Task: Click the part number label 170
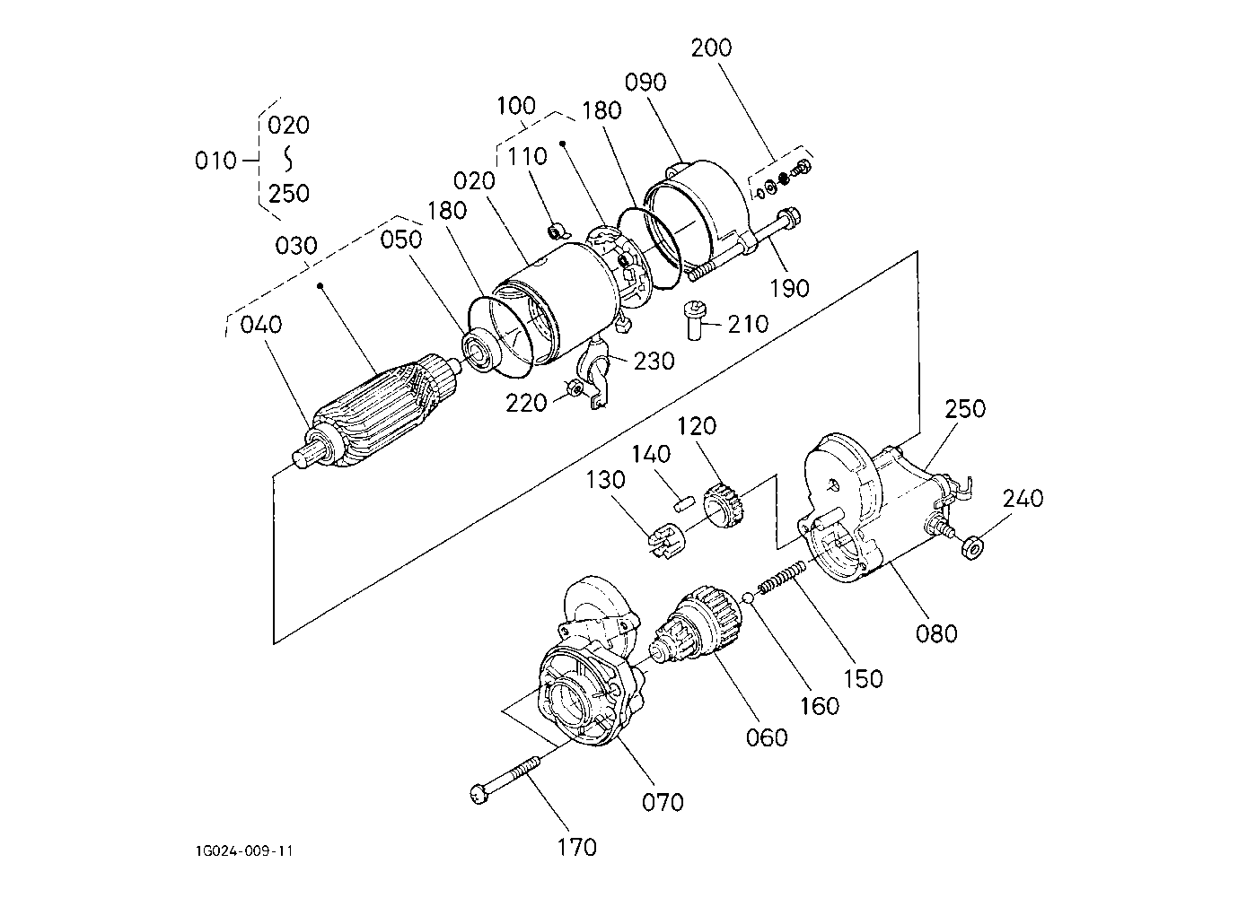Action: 577,847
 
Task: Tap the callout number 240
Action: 1023,499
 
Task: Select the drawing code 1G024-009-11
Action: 243,851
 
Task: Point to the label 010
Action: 215,161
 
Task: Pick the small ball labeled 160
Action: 747,597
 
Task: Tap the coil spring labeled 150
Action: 781,579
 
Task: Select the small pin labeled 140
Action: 681,504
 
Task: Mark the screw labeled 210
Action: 695,319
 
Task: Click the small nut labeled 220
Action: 575,388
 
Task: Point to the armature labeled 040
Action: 377,412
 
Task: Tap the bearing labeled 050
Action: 484,348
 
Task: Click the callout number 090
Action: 645,83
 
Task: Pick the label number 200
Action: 711,48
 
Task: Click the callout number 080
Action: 936,633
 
